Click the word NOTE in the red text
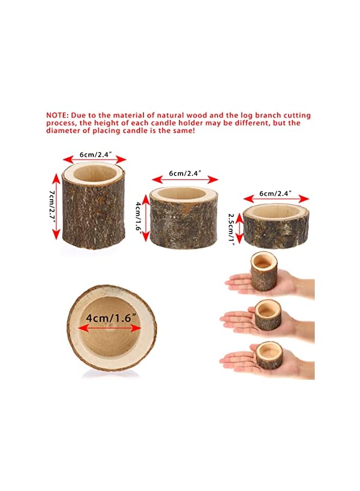(57, 116)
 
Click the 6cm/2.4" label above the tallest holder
(95, 154)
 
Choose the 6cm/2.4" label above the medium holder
(185, 173)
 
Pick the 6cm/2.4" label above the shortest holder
(275, 193)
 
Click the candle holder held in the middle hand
(267, 315)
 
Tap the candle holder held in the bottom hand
(269, 355)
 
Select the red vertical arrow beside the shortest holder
(238, 229)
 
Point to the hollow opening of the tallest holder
(94, 174)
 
